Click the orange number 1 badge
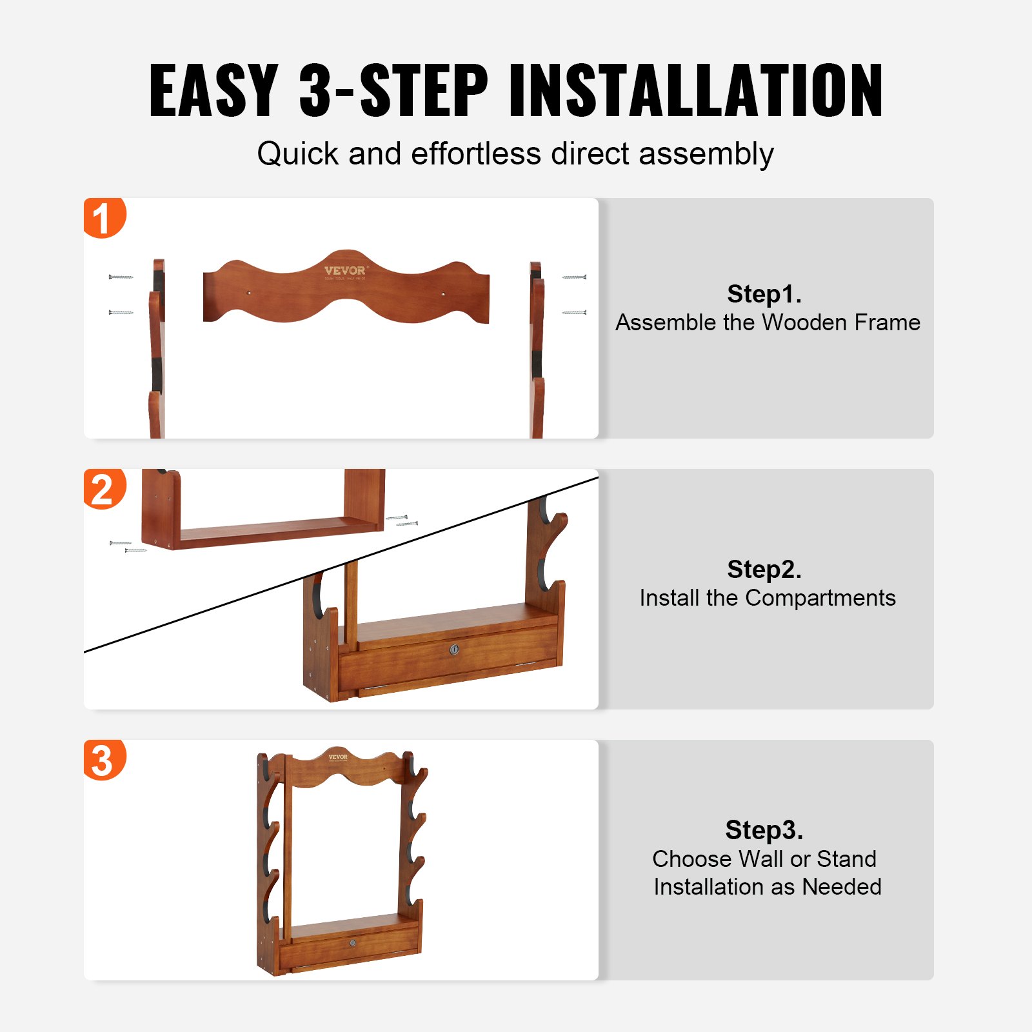(103, 218)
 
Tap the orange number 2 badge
(103, 489)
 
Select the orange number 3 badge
(103, 760)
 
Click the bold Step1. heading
(764, 294)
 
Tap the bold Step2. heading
(764, 570)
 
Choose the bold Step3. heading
(764, 830)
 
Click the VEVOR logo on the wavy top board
(345, 271)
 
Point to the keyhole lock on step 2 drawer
(453, 650)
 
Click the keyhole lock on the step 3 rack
(353, 943)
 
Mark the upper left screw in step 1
(121, 277)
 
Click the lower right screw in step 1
(574, 313)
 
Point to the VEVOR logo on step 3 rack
(338, 757)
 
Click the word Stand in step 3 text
(846, 859)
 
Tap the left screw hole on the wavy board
(250, 293)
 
